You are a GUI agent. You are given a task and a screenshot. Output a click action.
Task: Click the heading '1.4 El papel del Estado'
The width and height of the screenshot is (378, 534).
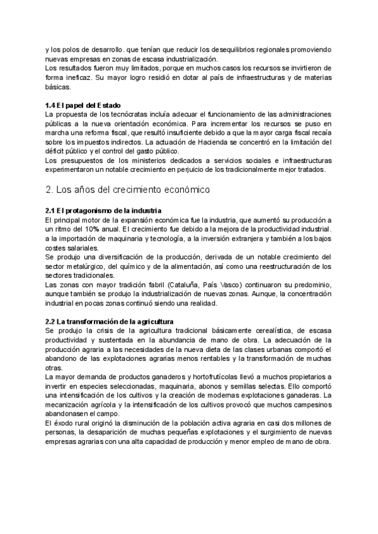84,105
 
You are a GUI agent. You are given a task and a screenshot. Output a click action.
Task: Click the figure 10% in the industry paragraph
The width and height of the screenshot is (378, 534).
91,230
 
